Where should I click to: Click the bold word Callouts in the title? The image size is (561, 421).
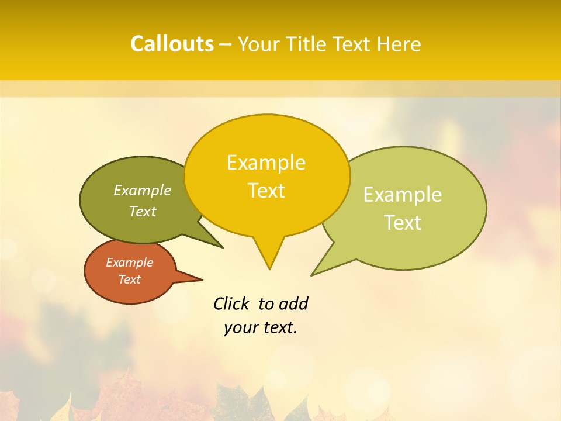[x=172, y=44]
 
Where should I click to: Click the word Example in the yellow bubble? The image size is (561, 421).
[x=266, y=163]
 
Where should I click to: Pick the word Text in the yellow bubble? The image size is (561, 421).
[x=266, y=191]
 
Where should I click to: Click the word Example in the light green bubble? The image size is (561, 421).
[x=403, y=195]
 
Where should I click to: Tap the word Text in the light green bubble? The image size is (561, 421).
[x=403, y=223]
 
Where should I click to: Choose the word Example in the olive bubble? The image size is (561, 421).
[x=143, y=190]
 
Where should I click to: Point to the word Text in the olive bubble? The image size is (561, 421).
[x=143, y=211]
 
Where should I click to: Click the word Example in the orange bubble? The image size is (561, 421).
[x=129, y=263]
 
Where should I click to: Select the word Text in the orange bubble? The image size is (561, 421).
[x=129, y=279]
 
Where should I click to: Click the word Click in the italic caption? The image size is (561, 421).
[x=231, y=304]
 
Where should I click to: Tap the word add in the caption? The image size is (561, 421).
[x=293, y=304]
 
